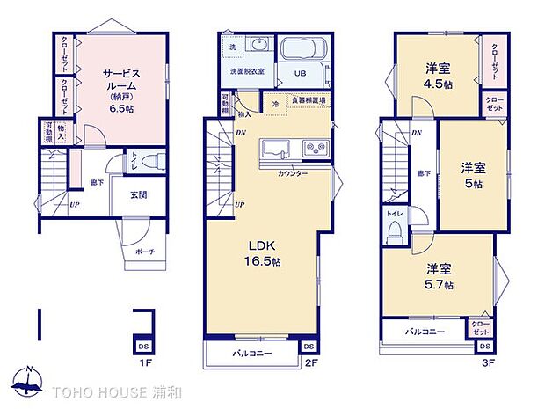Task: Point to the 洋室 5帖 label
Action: [472, 175]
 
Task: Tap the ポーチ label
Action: [145, 252]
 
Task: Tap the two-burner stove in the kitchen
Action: [314, 149]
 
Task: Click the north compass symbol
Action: [30, 380]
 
